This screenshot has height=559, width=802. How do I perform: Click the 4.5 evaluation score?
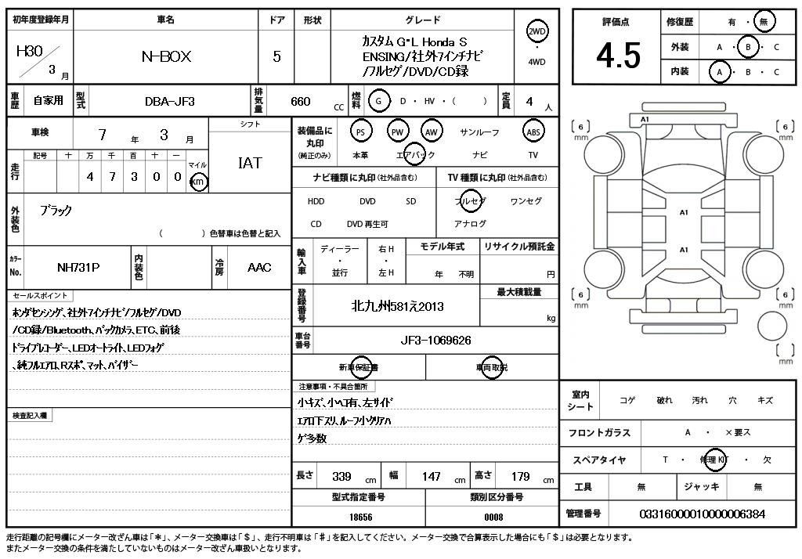[618, 56]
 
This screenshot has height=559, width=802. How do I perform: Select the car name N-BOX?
[165, 56]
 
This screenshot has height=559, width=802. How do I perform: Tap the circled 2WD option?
[537, 31]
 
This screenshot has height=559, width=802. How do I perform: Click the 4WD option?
[537, 62]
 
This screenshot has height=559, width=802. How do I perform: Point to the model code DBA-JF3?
[169, 101]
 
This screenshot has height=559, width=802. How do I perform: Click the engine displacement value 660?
[300, 101]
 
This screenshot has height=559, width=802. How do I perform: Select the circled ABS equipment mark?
[533, 132]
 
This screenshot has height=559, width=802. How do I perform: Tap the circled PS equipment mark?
[360, 132]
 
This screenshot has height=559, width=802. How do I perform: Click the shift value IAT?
[250, 163]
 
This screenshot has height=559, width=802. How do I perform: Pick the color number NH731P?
[78, 267]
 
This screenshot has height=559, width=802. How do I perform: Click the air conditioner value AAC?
[259, 267]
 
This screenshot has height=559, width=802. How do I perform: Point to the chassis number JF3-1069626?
[435, 341]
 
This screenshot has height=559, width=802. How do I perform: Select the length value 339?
[341, 476]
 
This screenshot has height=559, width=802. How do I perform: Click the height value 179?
[520, 476]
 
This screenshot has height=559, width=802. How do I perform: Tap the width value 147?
[432, 476]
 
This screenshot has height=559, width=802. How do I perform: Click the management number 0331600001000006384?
[702, 514]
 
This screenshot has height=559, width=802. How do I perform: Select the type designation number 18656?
[360, 517]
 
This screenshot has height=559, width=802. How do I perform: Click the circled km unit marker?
[199, 182]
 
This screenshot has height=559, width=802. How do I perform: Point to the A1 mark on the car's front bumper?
[645, 119]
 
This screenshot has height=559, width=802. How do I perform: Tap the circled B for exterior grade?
[749, 47]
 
